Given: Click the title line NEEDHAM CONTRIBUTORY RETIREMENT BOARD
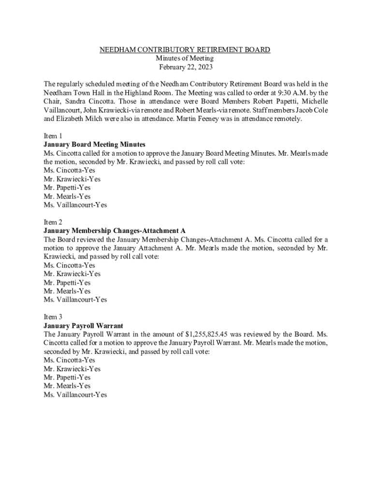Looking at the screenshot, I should [x=185, y=50].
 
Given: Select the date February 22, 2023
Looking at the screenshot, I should [x=186, y=67].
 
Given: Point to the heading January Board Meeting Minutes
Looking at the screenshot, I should [x=94, y=145].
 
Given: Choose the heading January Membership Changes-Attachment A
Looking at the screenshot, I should [x=114, y=231].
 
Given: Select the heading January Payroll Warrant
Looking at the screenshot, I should [x=83, y=325].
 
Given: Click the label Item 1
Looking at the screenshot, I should [x=53, y=136].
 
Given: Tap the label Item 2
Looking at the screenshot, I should [x=53, y=222].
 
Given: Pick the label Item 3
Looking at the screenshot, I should [x=53, y=317].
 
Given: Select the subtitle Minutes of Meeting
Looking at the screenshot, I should [x=186, y=58].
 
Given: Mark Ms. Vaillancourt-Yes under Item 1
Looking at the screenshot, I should [x=75, y=205].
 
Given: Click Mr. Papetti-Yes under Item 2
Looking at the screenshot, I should [x=67, y=283].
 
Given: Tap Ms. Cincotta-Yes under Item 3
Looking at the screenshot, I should [x=69, y=360].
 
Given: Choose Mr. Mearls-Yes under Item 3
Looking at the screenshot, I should [x=67, y=386].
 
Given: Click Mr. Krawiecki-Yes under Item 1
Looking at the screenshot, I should [x=72, y=179].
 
